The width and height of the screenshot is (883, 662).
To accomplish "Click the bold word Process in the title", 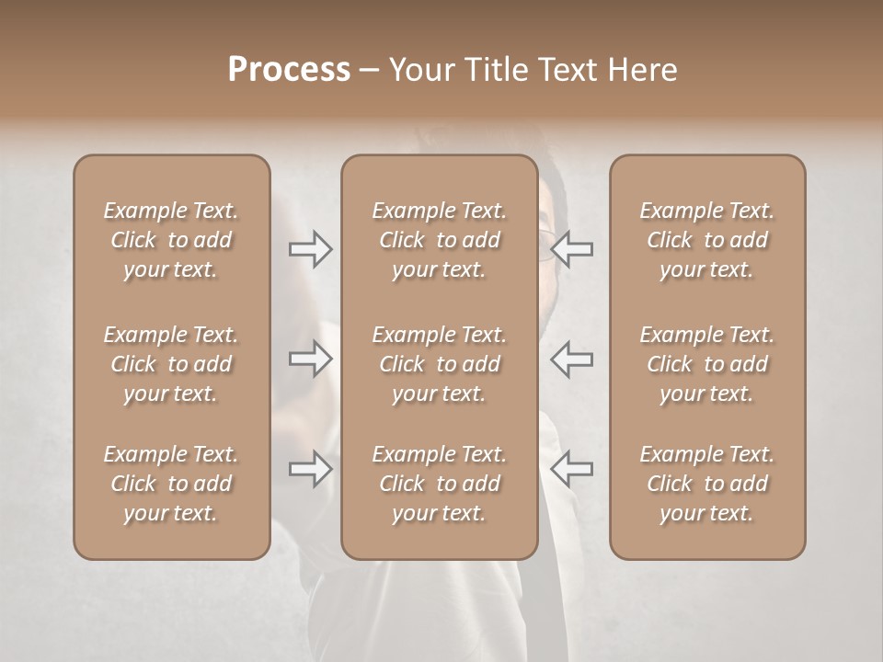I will point(289,70).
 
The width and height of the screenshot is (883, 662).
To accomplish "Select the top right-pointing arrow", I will point(311,249).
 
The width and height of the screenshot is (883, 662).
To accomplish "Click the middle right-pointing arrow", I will point(311,359).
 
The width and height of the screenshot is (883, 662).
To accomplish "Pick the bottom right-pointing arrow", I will point(311,469).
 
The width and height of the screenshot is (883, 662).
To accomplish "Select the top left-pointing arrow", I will point(571,249).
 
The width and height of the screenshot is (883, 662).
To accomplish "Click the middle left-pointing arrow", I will point(571,359).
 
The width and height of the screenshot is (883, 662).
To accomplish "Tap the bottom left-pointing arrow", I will point(571,469).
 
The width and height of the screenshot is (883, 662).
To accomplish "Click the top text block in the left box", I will point(171,240).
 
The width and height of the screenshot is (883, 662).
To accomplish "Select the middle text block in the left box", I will point(171,364).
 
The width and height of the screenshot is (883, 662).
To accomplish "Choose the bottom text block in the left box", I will point(171,484).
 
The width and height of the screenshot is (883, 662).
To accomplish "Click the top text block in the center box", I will point(439,240).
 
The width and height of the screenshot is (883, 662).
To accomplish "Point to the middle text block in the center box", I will point(439,364).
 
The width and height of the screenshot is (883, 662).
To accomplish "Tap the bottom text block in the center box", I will point(439,484).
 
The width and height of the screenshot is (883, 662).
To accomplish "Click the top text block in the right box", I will point(706,240).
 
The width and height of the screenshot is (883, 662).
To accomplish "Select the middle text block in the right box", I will point(706,364).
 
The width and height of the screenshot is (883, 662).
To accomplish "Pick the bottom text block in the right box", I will point(706,484).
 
